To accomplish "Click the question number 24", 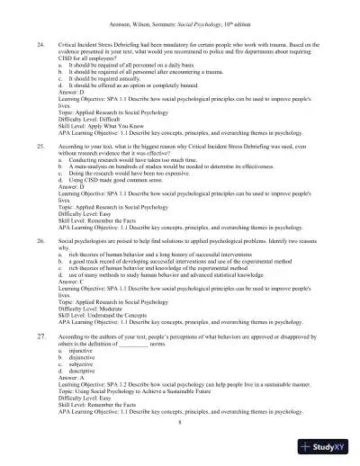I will tap(40, 43).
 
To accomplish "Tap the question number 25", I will tap(40, 144).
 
